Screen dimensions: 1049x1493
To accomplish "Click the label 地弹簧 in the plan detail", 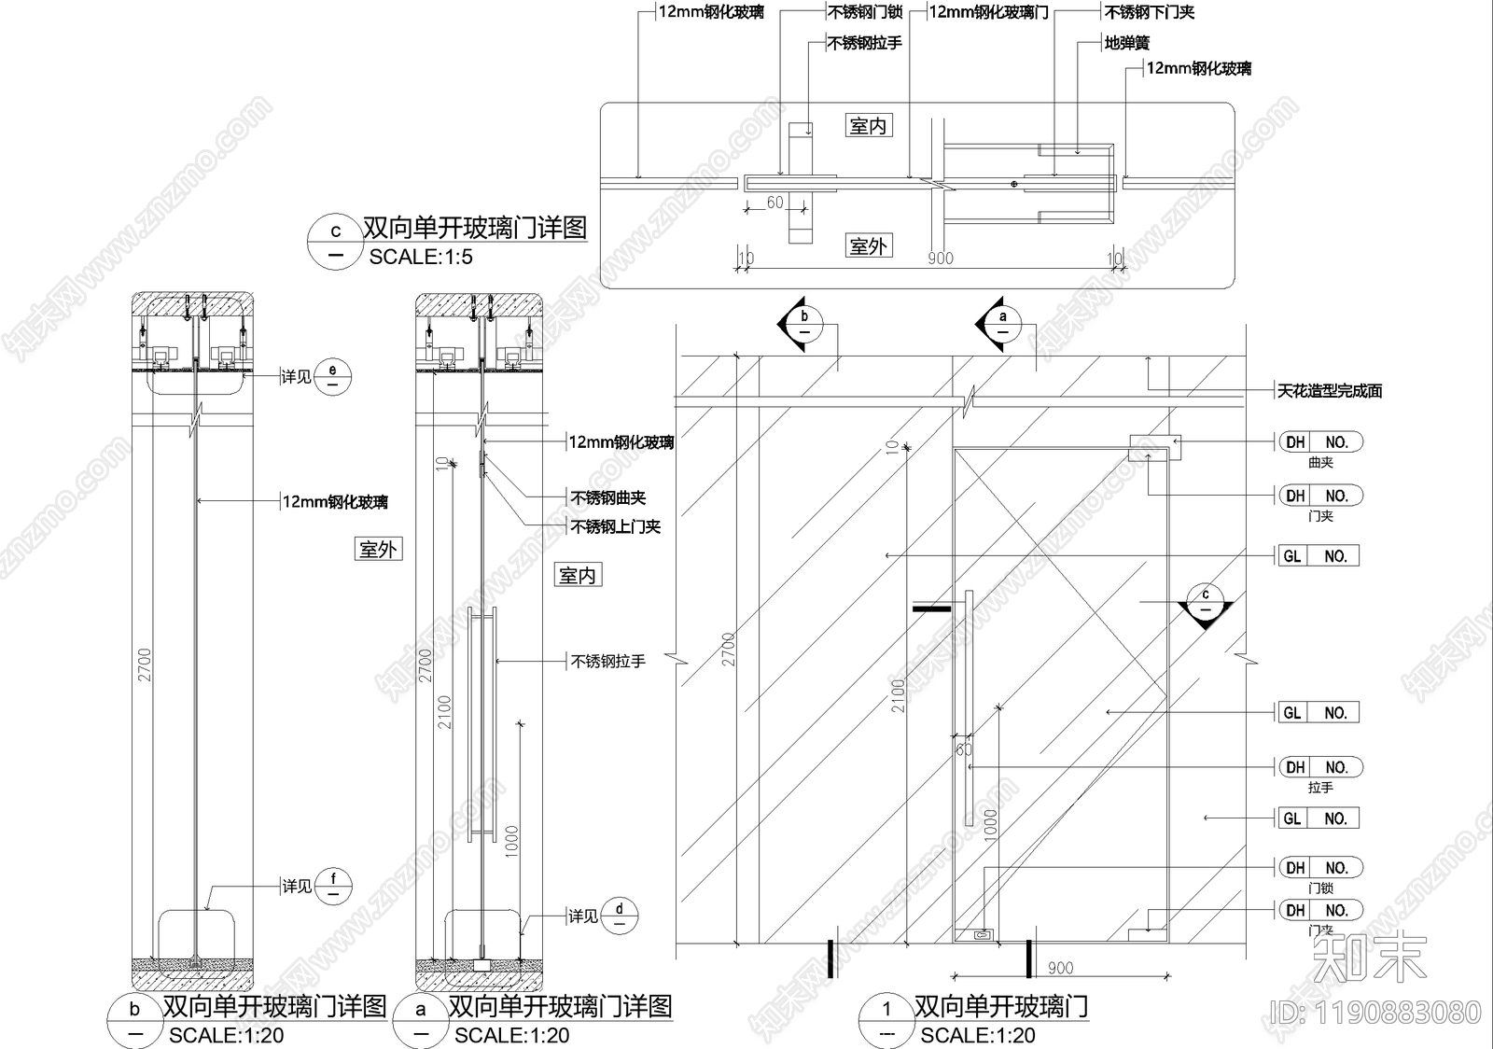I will (1126, 43).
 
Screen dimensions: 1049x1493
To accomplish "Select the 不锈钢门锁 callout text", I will (865, 12).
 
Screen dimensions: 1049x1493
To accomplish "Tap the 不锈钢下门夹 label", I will (1149, 12).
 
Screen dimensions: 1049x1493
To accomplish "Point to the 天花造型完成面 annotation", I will (1329, 391).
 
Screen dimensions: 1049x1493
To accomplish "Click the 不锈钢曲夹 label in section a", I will (608, 498).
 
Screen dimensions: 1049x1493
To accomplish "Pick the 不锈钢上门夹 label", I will (616, 526).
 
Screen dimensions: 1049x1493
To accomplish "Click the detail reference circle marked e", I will (333, 376).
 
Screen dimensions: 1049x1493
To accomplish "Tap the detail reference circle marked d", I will (620, 915).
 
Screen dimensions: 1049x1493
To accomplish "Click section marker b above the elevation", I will (803, 325).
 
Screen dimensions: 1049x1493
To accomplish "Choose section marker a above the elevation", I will (1003, 325).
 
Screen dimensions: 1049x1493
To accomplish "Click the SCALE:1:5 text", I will (421, 258).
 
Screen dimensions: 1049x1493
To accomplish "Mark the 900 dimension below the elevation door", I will (1060, 969).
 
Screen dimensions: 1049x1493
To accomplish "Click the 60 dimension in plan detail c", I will (775, 203).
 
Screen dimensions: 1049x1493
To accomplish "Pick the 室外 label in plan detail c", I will (868, 246).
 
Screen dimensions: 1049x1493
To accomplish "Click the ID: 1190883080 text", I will (1375, 1012).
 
